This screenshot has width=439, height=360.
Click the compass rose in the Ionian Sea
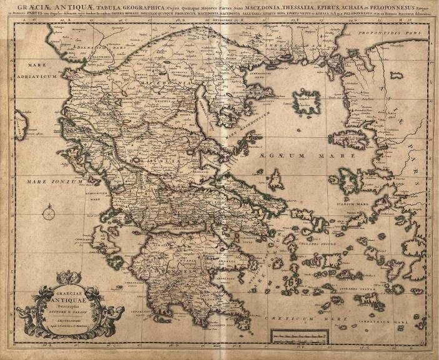pyautogui.click(x=49, y=215)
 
